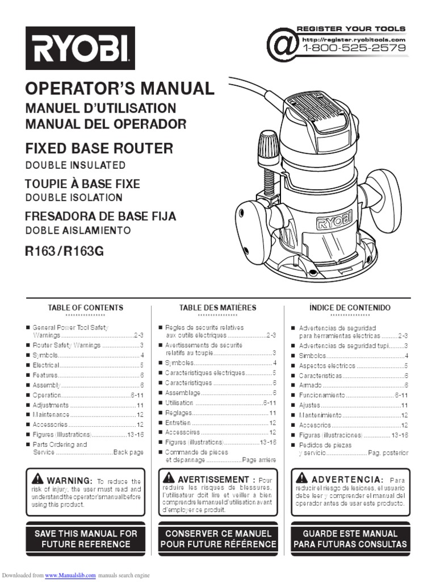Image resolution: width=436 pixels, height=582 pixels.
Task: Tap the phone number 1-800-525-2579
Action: click(x=354, y=48)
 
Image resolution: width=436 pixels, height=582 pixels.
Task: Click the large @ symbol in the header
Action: click(x=282, y=44)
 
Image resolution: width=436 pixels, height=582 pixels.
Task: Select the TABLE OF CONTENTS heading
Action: click(x=85, y=307)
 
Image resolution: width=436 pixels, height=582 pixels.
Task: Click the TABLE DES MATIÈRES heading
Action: click(x=217, y=307)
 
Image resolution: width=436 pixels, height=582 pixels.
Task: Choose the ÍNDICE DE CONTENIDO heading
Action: click(x=350, y=307)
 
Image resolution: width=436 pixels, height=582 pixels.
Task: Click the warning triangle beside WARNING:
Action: click(x=37, y=478)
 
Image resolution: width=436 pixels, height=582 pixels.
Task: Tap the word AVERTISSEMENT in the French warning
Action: click(x=213, y=480)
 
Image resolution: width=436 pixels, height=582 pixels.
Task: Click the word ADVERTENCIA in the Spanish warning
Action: click(x=347, y=480)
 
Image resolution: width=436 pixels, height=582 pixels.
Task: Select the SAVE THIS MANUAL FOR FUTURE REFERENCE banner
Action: click(x=86, y=539)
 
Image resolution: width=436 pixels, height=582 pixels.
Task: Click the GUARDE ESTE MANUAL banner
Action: click(x=350, y=539)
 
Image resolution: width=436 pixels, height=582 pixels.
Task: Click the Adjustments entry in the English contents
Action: click(x=51, y=405)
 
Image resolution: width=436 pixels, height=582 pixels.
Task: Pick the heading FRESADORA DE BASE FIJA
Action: click(x=100, y=217)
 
